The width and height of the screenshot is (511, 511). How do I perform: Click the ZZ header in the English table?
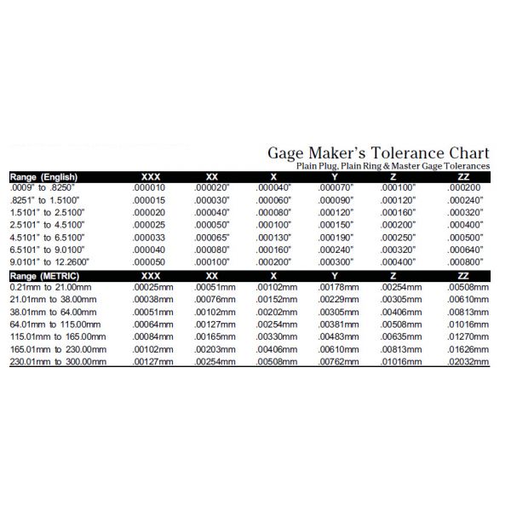click(x=463, y=176)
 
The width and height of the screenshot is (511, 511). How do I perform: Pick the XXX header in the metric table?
click(x=149, y=277)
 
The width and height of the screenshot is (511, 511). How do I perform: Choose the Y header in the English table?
click(x=334, y=176)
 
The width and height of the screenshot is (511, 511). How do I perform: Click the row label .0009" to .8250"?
click(x=43, y=187)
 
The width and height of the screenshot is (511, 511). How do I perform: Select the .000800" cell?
click(x=465, y=262)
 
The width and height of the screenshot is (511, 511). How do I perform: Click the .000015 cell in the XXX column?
click(x=149, y=199)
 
